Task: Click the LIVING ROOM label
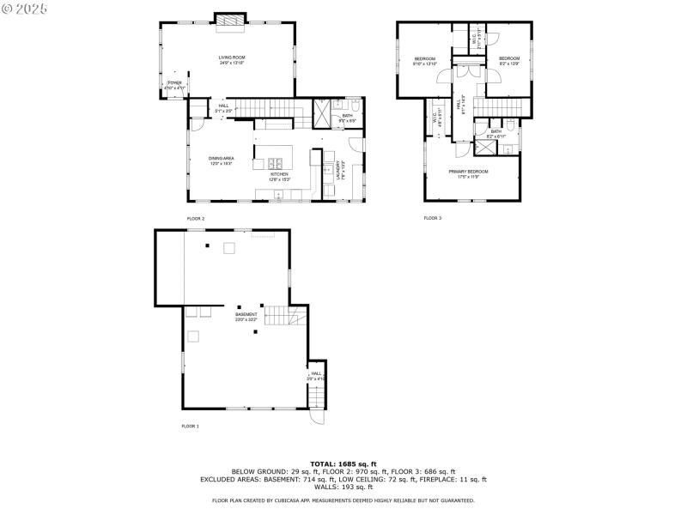point(232,58)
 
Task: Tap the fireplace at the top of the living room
point(229,21)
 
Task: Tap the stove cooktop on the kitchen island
point(277,162)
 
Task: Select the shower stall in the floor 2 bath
point(321,115)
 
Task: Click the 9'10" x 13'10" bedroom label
point(425,59)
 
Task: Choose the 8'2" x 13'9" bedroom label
point(509,59)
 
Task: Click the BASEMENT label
point(246,315)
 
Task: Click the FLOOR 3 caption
point(432,218)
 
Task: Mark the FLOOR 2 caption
point(196,219)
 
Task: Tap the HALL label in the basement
point(316,373)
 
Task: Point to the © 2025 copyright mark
point(25,8)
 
